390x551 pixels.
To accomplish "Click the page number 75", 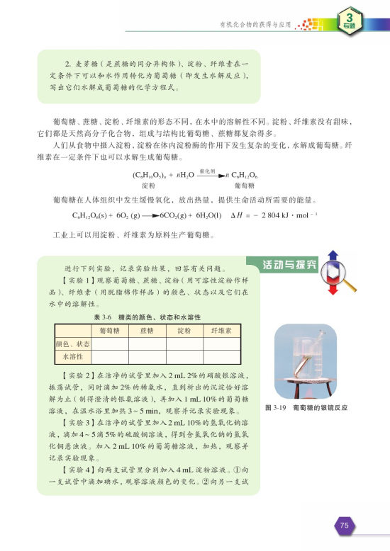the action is point(345,526).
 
